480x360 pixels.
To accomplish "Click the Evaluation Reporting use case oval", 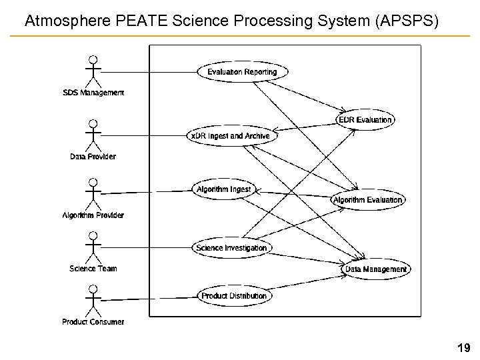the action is point(237,72).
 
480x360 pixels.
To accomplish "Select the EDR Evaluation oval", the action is point(365,119).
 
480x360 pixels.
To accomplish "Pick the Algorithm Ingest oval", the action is point(223,189).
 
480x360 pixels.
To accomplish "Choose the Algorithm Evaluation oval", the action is point(368,199).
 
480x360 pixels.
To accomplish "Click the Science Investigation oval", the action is point(231,248).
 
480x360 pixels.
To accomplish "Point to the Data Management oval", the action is point(376,269).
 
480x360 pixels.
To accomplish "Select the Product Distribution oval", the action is point(233,295).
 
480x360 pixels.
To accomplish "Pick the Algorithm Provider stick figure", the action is point(93,193).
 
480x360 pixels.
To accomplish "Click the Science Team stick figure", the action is point(93,247).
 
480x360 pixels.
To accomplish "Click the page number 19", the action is point(463,347).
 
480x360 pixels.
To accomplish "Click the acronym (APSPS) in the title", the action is point(407,21).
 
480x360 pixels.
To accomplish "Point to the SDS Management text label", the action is point(93,93).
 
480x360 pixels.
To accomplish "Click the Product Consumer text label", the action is point(93,322).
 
